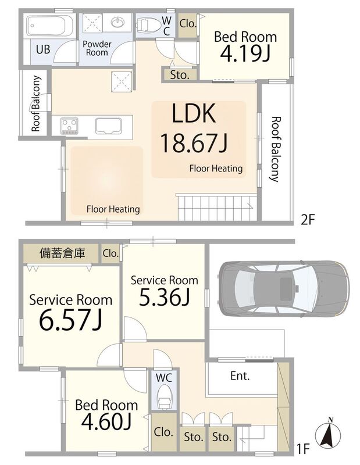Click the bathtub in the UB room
pyautogui.click(x=49, y=26)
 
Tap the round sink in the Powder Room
pyautogui.click(x=119, y=22)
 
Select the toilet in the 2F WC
pyautogui.click(x=146, y=24)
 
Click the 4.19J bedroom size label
pyautogui.click(x=245, y=53)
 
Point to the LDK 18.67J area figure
pyautogui.click(x=194, y=143)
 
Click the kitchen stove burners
pyautogui.click(x=69, y=126)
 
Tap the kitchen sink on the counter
pyautogui.click(x=109, y=126)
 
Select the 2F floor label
pyautogui.click(x=308, y=220)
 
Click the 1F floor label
pyautogui.click(x=304, y=449)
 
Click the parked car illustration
pyautogui.click(x=284, y=288)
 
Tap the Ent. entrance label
pyautogui.click(x=240, y=376)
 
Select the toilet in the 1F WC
pyautogui.click(x=163, y=397)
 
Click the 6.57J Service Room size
pyautogui.click(x=70, y=321)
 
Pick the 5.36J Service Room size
pyautogui.click(x=165, y=298)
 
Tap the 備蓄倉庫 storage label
pyautogui.click(x=62, y=253)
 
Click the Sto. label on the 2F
pyautogui.click(x=180, y=75)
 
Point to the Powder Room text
pyautogui.click(x=97, y=48)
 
